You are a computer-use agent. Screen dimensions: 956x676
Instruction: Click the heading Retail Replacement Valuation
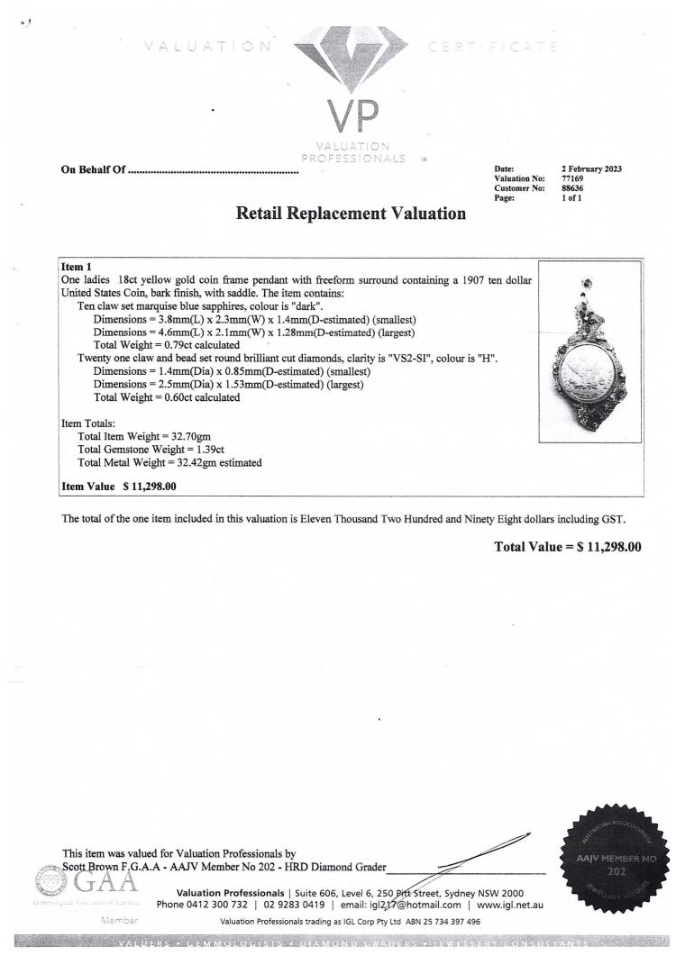(351, 214)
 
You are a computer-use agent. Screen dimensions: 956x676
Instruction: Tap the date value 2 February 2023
(591, 169)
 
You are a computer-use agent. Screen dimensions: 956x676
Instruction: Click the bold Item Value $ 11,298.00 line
(118, 487)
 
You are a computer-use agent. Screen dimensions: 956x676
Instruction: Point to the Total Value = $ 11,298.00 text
(568, 547)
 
